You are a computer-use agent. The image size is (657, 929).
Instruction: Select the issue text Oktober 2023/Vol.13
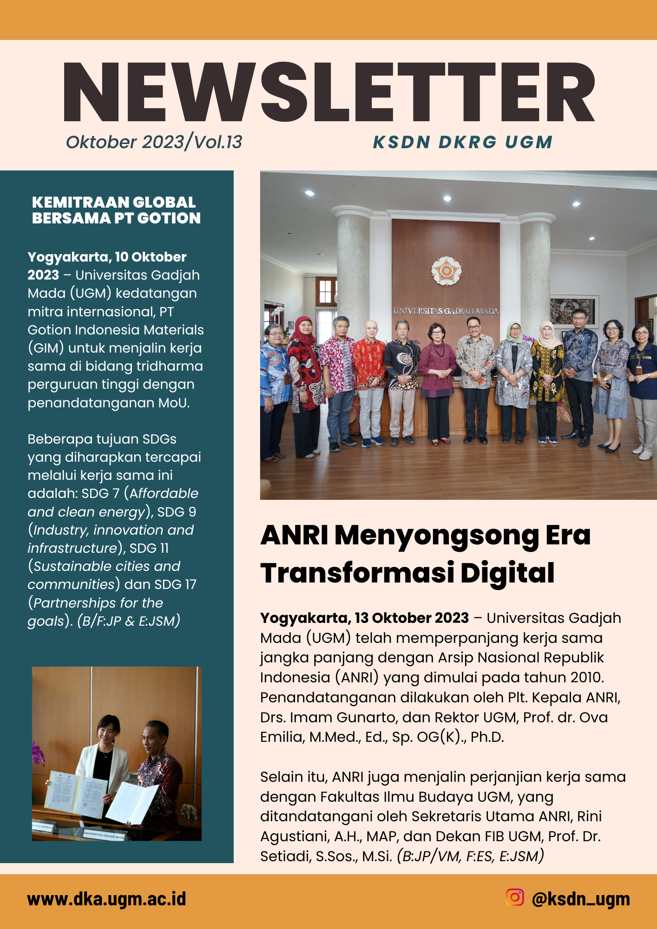[x=154, y=142]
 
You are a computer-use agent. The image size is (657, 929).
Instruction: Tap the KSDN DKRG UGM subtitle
[x=463, y=142]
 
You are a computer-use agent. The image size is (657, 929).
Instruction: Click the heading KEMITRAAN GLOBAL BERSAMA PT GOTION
[x=116, y=210]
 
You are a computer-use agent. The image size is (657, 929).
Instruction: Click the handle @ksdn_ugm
[x=581, y=899]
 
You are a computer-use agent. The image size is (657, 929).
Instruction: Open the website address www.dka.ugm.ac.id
[x=106, y=899]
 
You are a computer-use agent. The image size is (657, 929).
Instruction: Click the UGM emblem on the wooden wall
[x=446, y=270]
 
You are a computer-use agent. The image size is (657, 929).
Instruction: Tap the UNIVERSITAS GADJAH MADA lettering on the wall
[x=446, y=311]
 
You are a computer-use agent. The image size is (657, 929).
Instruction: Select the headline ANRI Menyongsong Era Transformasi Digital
[x=425, y=554]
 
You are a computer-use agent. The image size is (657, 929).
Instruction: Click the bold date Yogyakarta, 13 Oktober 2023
[x=364, y=618]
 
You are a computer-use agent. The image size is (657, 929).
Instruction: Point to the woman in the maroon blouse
[x=437, y=367]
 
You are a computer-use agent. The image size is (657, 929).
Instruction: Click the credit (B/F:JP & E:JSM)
[x=129, y=621]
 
